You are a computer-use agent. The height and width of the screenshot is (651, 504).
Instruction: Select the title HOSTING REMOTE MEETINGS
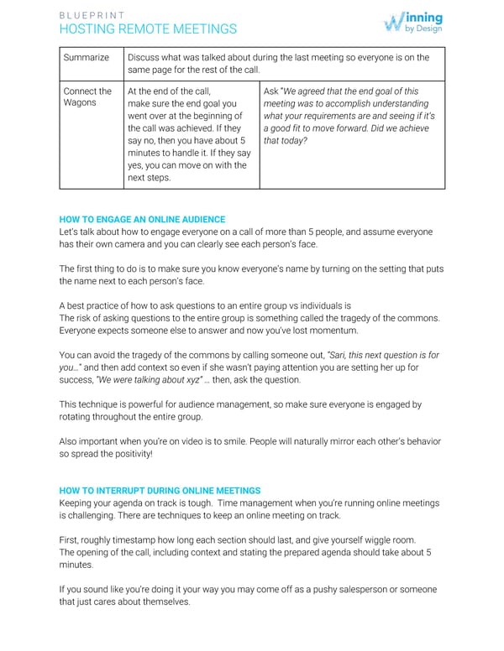tap(148, 29)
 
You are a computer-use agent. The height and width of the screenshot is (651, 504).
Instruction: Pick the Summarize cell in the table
tap(86, 57)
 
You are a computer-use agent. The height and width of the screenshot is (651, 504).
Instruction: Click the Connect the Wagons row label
tap(87, 96)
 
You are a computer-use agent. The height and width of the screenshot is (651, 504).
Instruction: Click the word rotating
tap(81, 416)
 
